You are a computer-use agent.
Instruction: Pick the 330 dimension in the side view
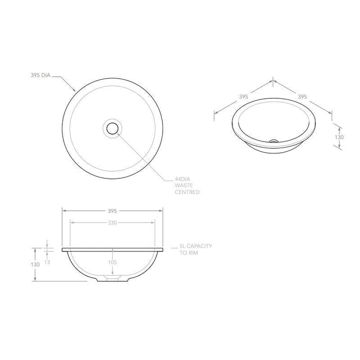click(x=113, y=223)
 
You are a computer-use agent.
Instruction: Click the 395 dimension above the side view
click(x=113, y=210)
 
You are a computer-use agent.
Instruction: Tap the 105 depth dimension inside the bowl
click(x=113, y=262)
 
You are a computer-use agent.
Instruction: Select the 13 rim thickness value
click(x=48, y=262)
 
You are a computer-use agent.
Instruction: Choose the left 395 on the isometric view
click(x=244, y=96)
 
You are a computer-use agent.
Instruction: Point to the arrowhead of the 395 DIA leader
click(x=75, y=92)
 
